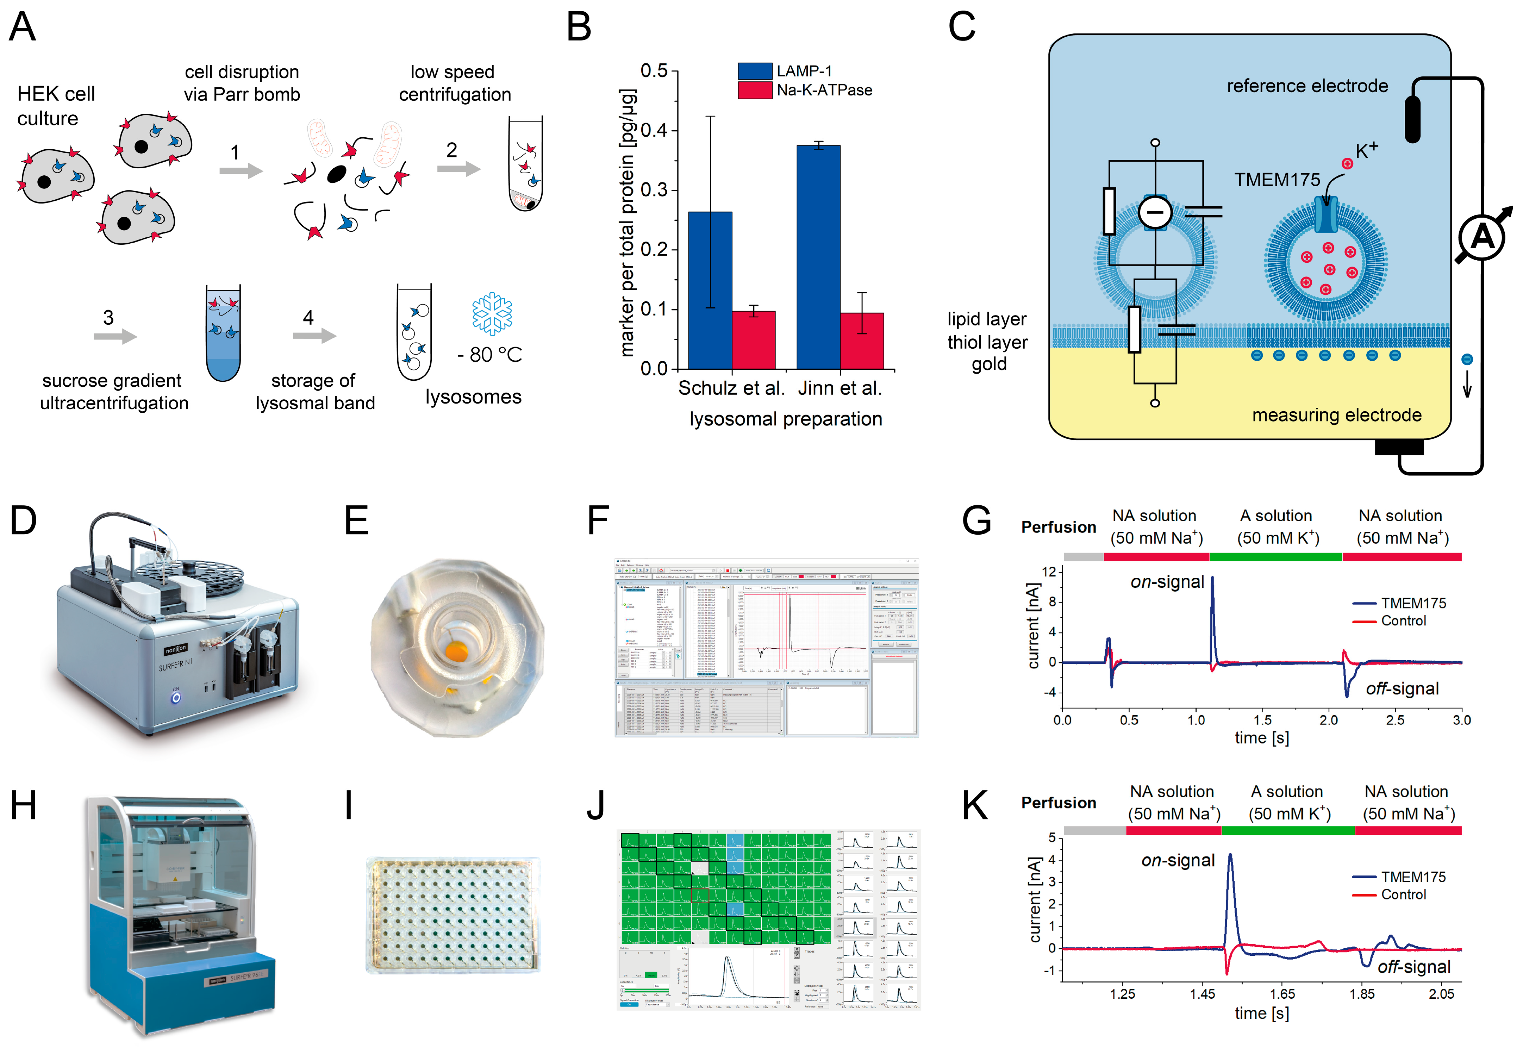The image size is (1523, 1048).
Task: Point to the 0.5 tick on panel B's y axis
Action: click(654, 71)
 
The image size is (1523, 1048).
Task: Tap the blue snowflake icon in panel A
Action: click(492, 314)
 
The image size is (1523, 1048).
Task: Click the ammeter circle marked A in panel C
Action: click(1482, 238)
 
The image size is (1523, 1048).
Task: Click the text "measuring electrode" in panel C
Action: click(1337, 415)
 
